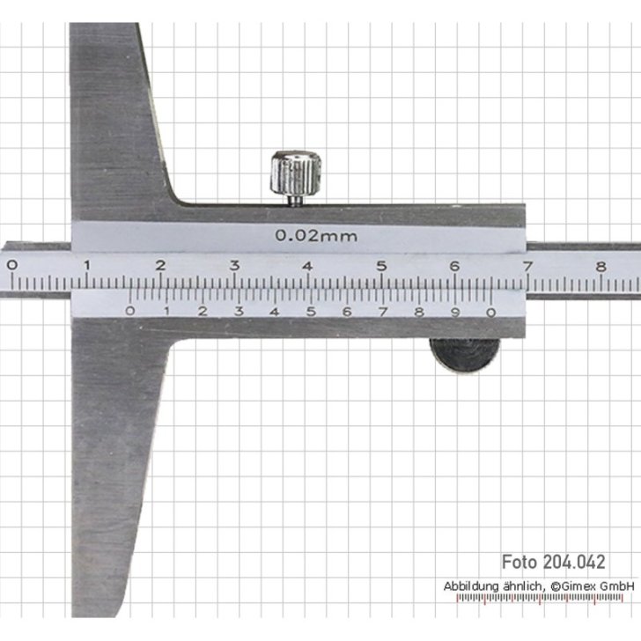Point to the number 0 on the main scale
coord(11,265)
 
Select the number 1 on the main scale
coord(85,265)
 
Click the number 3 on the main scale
coord(235,265)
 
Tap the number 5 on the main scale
coord(381,265)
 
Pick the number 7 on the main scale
coord(527,265)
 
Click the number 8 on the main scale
coord(600,265)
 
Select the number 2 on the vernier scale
coord(202,310)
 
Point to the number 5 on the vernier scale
coord(310,310)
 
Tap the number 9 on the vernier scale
coord(455,310)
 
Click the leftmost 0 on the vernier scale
coord(130,310)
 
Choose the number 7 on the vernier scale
coord(382,310)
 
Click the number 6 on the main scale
coord(454,265)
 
